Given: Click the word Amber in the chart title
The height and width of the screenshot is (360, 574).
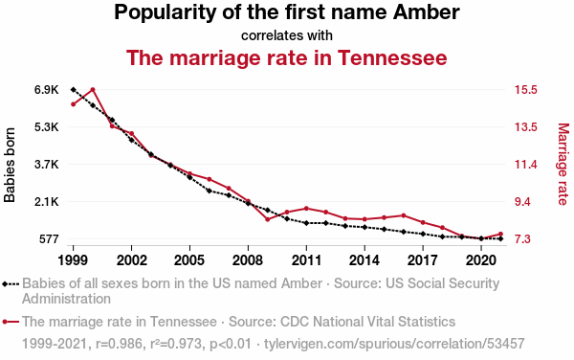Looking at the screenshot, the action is click(x=426, y=12).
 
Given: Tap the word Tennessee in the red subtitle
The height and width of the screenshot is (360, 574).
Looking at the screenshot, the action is click(x=392, y=57).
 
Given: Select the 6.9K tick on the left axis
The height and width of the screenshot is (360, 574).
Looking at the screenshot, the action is click(x=47, y=90).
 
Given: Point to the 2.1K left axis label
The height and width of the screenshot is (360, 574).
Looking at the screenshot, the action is click(x=47, y=202).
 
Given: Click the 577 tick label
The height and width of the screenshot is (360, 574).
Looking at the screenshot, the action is click(x=48, y=239).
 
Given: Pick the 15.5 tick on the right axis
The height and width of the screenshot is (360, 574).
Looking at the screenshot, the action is click(x=526, y=90).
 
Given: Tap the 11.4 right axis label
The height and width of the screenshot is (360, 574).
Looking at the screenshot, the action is click(x=526, y=165).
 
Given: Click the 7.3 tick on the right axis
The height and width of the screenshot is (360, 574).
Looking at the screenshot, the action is click(x=522, y=239).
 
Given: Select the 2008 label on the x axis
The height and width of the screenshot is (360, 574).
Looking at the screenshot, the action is click(x=248, y=260).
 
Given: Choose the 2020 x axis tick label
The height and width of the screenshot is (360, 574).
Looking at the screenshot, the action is click(x=481, y=260).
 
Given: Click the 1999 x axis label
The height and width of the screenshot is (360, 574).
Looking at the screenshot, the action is click(x=73, y=260).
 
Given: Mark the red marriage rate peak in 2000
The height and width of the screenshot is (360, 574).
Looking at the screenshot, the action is click(x=93, y=89).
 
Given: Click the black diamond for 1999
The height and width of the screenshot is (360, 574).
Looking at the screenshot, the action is click(x=74, y=90).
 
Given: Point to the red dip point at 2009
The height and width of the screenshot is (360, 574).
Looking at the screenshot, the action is click(x=268, y=219).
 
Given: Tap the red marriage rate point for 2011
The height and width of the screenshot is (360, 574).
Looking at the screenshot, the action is click(x=306, y=209).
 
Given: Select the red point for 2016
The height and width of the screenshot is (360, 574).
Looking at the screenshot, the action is click(x=404, y=215).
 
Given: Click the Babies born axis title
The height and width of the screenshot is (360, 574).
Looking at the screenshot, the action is click(x=10, y=165).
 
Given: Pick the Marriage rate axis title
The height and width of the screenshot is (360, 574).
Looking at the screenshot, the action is click(x=563, y=164).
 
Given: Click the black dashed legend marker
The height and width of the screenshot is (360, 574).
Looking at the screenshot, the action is click(x=11, y=283).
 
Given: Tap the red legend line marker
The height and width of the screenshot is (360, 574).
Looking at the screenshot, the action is click(x=11, y=322).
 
